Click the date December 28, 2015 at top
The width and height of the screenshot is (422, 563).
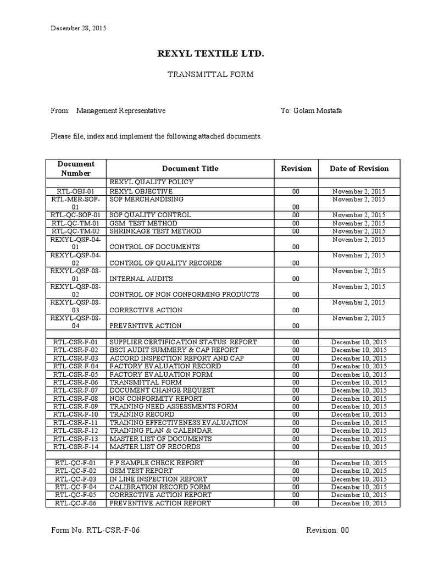(x=79, y=28)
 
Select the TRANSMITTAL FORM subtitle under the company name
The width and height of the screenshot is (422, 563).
(x=210, y=74)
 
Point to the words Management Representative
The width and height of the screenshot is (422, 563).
(x=121, y=111)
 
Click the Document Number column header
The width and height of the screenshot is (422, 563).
(x=76, y=168)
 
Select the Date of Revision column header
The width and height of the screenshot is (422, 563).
(x=359, y=169)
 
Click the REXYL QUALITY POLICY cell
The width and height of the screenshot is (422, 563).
(x=151, y=182)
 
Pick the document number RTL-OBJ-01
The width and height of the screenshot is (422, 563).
(x=76, y=191)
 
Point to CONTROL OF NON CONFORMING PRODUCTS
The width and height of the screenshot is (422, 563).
(x=184, y=295)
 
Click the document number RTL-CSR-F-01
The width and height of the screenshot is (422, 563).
(x=76, y=342)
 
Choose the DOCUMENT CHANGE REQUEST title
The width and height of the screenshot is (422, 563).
(x=162, y=390)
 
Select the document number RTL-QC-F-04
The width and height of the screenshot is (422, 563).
(x=76, y=487)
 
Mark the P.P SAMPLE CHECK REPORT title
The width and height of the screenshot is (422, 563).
(x=157, y=463)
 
